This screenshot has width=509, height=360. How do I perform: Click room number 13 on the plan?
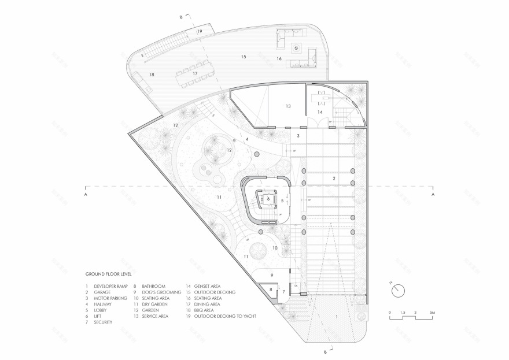coord(287,106)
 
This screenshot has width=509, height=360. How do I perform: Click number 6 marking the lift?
coord(268,198)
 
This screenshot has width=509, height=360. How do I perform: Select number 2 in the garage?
coord(334,178)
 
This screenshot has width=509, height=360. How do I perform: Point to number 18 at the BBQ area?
coord(152,75)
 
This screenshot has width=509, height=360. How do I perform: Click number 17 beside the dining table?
coord(195,74)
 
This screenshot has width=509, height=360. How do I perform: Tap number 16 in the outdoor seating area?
coord(278,59)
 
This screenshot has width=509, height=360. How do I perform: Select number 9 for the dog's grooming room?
coord(271,274)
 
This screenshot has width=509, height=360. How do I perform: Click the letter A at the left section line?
coord(85,195)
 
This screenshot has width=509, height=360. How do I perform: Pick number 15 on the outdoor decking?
coord(244,57)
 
